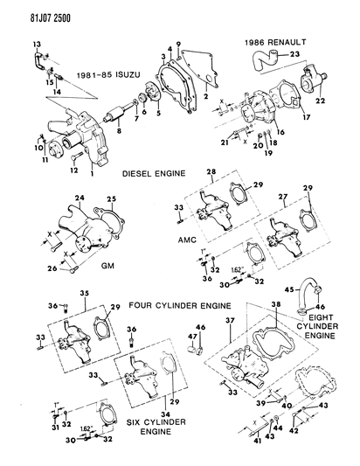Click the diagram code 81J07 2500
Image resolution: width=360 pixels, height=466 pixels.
[x=33, y=10]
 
